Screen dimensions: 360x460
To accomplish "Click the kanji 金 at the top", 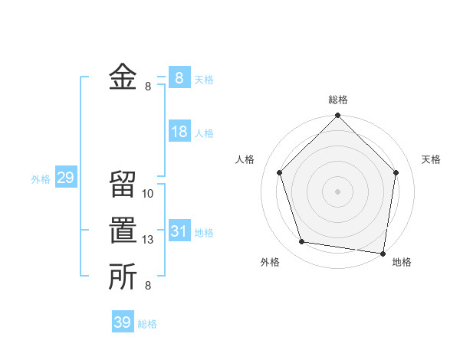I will click(x=123, y=77).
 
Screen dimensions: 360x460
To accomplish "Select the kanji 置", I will click(x=123, y=231).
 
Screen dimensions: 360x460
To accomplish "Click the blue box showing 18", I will click(x=179, y=132).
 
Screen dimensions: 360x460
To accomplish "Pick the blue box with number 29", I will click(x=65, y=178).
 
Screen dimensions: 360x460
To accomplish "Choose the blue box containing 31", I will click(x=179, y=231).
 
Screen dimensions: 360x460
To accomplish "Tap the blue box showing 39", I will click(x=123, y=322).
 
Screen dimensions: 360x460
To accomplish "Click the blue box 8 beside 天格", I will click(x=179, y=77).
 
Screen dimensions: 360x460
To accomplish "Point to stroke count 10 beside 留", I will click(x=148, y=194).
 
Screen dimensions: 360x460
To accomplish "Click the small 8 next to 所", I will click(x=148, y=286).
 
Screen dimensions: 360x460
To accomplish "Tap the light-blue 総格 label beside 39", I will click(x=147, y=324).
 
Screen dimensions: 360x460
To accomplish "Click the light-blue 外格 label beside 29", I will click(x=41, y=179).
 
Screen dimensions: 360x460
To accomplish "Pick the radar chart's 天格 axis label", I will click(x=431, y=159).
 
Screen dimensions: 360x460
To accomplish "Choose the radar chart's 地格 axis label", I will click(x=402, y=262).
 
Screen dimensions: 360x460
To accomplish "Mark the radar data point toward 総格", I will click(x=337, y=116).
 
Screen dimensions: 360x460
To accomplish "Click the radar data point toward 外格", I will click(x=302, y=242).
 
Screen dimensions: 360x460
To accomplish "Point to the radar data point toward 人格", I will click(x=280, y=172).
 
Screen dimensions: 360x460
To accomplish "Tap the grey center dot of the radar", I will click(x=337, y=191).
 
